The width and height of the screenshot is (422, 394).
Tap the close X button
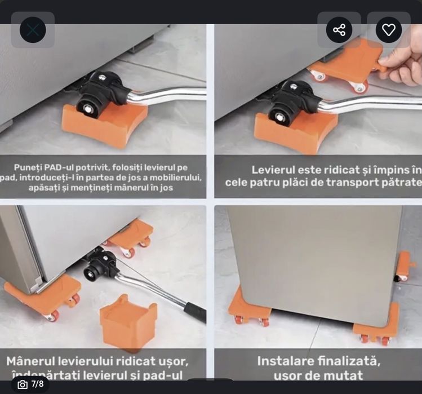tap(33, 30)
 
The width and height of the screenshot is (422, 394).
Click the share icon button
tap(339, 30)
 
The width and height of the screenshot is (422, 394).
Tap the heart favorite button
tap(389, 30)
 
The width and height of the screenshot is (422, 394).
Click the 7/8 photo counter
tap(37, 384)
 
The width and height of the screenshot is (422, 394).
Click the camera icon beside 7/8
tap(23, 384)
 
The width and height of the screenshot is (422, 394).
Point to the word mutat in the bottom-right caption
tap(343, 374)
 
